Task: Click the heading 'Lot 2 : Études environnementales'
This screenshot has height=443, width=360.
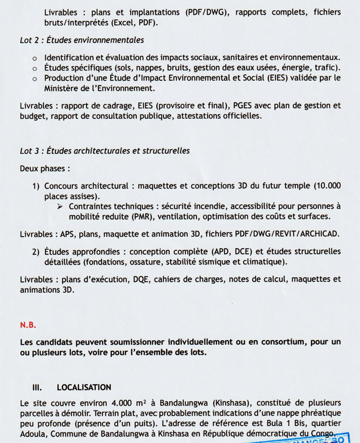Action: point(82,40)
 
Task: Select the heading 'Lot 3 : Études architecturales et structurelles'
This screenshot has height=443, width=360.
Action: point(105,151)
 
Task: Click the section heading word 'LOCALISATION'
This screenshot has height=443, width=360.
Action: point(84,388)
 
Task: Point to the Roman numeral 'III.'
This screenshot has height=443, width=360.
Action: point(36,388)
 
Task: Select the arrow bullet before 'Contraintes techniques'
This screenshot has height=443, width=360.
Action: point(60,206)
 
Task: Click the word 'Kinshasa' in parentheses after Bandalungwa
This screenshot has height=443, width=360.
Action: point(227,404)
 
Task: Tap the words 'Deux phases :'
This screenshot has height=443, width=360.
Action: point(45,168)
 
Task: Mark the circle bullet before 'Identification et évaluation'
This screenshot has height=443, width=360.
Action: point(34,58)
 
